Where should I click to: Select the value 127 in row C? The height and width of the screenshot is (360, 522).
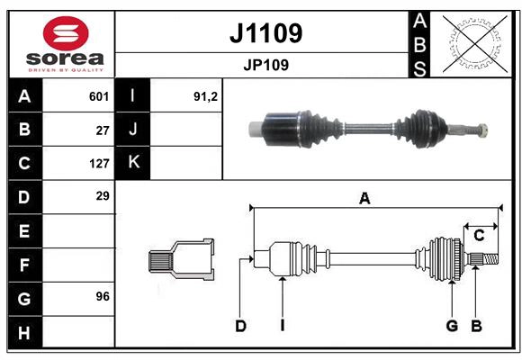[99, 164]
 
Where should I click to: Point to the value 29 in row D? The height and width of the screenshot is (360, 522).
[103, 196]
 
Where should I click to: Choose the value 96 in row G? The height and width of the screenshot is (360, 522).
[103, 297]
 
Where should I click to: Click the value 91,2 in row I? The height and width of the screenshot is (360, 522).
[206, 96]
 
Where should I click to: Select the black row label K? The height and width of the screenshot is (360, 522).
[134, 163]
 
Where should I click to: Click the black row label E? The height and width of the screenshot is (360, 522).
[24, 231]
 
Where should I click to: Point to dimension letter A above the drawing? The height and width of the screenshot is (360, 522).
[364, 199]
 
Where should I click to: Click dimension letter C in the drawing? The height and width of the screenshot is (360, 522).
[479, 236]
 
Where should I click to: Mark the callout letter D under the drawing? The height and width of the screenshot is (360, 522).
[240, 326]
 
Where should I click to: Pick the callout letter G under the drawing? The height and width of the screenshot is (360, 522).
[452, 326]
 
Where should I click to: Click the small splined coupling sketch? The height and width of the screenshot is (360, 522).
[181, 260]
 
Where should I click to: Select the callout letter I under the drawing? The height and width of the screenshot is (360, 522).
[282, 326]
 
